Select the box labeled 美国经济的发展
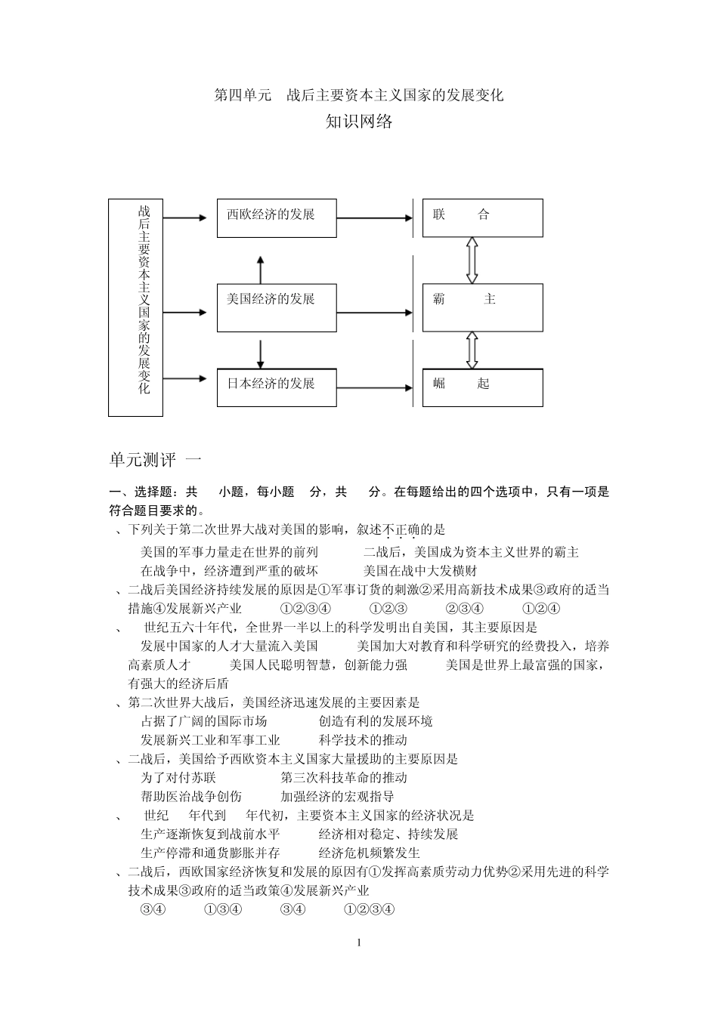[277, 307]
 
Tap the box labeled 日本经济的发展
[277, 390]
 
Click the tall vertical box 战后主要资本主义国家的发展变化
[136, 307]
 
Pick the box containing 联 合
[482, 217]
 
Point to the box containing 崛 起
[482, 387]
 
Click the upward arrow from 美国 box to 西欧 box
[260, 269]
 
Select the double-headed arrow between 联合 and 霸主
[472, 260]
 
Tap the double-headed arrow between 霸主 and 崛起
[472, 350]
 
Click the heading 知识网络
[359, 122]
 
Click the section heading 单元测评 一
[156, 460]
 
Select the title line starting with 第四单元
[359, 95]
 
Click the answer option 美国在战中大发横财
[420, 571]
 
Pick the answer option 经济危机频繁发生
[370, 853]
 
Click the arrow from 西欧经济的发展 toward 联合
[375, 218]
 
